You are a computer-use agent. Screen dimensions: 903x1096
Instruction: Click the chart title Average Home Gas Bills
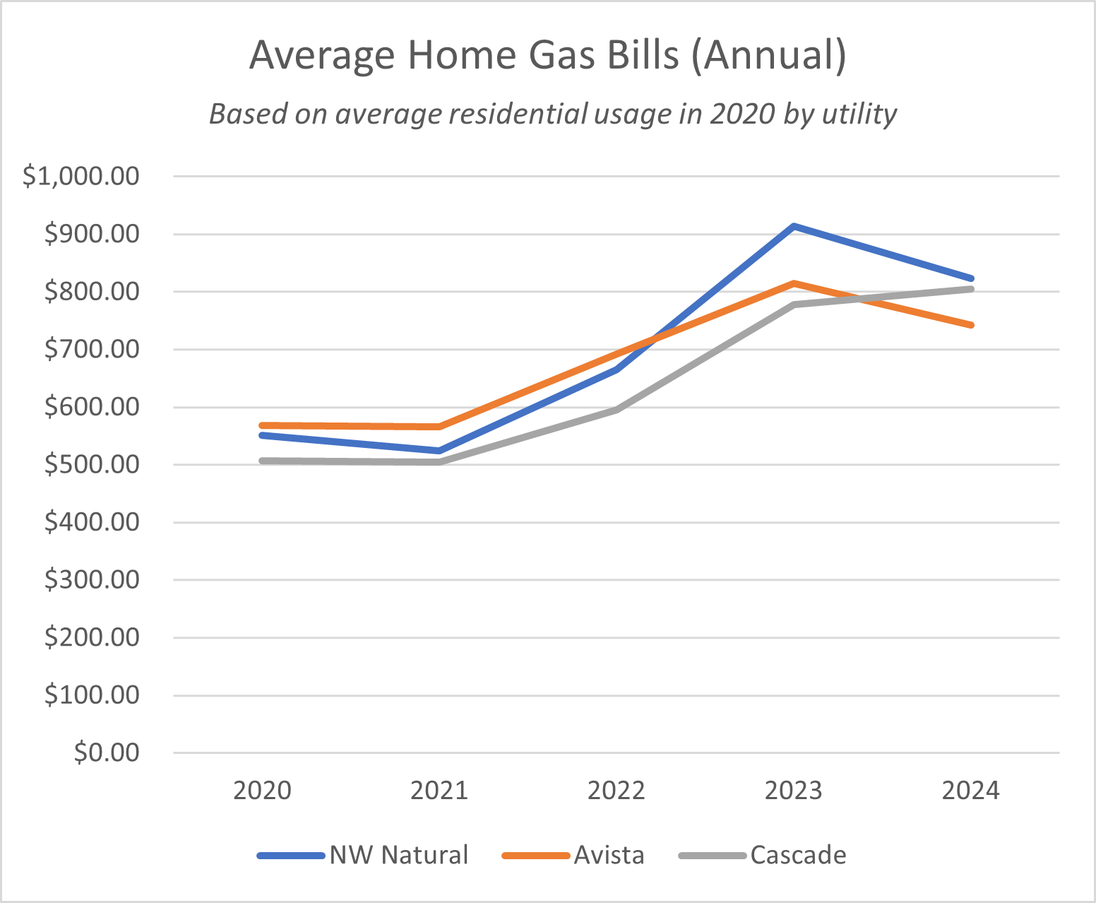coord(547,55)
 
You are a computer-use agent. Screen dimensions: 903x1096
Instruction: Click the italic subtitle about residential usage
coord(553,114)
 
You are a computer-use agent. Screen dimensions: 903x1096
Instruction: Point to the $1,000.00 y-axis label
coord(81,176)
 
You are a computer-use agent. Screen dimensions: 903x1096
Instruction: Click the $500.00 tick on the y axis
coord(92,465)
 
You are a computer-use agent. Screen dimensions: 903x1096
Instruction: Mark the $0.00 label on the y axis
coord(107,753)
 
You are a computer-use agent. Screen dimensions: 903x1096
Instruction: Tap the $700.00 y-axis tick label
coord(92,349)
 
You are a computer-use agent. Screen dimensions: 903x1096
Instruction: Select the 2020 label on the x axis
coord(262,791)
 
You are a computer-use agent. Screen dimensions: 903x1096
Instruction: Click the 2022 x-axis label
coord(616,791)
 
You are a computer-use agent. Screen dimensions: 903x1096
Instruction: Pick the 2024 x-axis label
coord(971,791)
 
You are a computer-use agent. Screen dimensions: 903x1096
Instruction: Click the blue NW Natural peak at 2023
coord(794,226)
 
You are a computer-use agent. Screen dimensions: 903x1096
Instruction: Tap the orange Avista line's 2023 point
coord(794,283)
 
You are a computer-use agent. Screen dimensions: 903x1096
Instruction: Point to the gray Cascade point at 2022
coord(616,410)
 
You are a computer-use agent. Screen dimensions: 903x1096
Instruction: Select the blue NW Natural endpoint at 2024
coord(972,278)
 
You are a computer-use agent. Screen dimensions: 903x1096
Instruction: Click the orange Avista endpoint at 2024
coord(972,325)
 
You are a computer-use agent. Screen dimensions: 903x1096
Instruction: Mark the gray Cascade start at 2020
coord(262,461)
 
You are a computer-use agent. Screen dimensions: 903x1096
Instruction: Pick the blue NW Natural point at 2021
coord(439,450)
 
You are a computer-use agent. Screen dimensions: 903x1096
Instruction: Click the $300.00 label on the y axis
coord(92,580)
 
